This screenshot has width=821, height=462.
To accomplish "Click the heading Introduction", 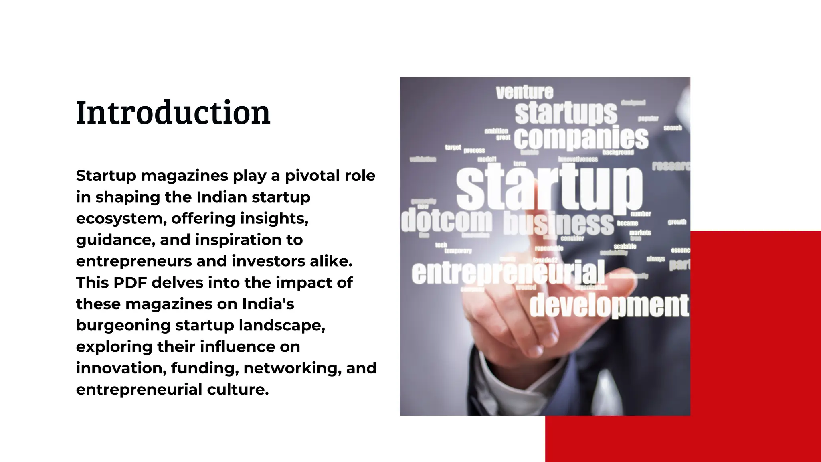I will (173, 113).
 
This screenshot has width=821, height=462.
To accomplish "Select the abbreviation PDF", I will (130, 282).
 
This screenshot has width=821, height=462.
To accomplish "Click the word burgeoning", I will (123, 325).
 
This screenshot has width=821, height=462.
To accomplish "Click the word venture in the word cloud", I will (524, 93).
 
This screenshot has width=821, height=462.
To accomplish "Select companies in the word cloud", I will (581, 138).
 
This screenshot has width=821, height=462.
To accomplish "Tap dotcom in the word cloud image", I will (446, 221).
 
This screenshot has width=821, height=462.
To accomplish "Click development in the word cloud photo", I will (609, 306).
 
